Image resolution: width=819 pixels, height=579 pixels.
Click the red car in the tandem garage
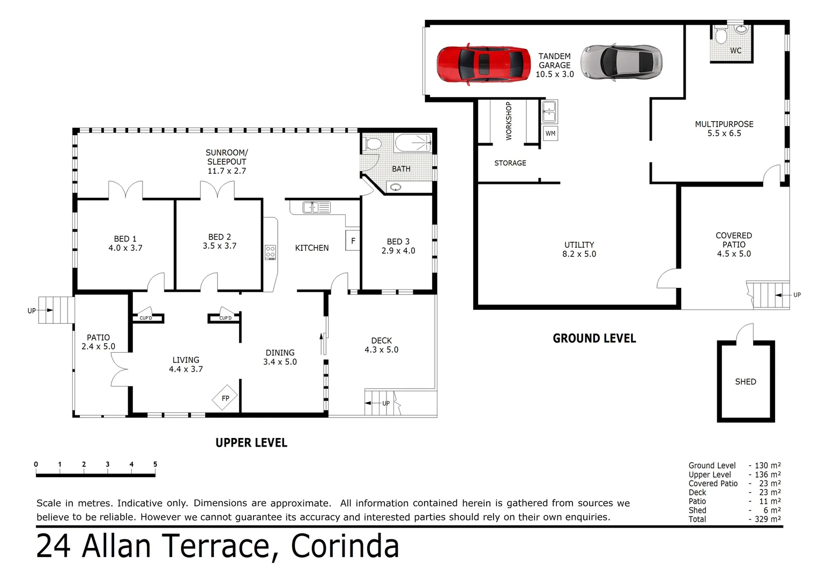(483, 64)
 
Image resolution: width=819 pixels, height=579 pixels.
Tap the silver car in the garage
(622, 62)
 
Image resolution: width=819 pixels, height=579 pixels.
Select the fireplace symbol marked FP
(225, 398)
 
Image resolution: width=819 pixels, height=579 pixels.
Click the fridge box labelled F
(353, 241)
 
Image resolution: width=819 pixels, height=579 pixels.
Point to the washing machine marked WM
(550, 133)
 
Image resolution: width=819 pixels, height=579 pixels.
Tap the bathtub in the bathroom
(413, 143)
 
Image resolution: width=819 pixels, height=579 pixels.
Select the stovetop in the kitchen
(271, 252)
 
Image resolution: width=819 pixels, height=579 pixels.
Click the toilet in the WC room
(721, 36)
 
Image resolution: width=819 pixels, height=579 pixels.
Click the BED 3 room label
(398, 242)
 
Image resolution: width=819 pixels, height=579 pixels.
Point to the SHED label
(745, 382)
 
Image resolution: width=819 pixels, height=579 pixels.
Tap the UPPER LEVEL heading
(251, 443)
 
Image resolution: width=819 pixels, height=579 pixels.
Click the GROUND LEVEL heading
(594, 338)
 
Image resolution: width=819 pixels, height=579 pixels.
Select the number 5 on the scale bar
(155, 464)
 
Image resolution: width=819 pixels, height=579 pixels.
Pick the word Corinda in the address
(345, 546)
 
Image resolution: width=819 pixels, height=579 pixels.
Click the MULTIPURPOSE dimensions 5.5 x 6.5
(724, 133)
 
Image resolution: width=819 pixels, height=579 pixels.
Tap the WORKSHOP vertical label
(509, 121)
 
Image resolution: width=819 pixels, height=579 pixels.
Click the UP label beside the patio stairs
(32, 311)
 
